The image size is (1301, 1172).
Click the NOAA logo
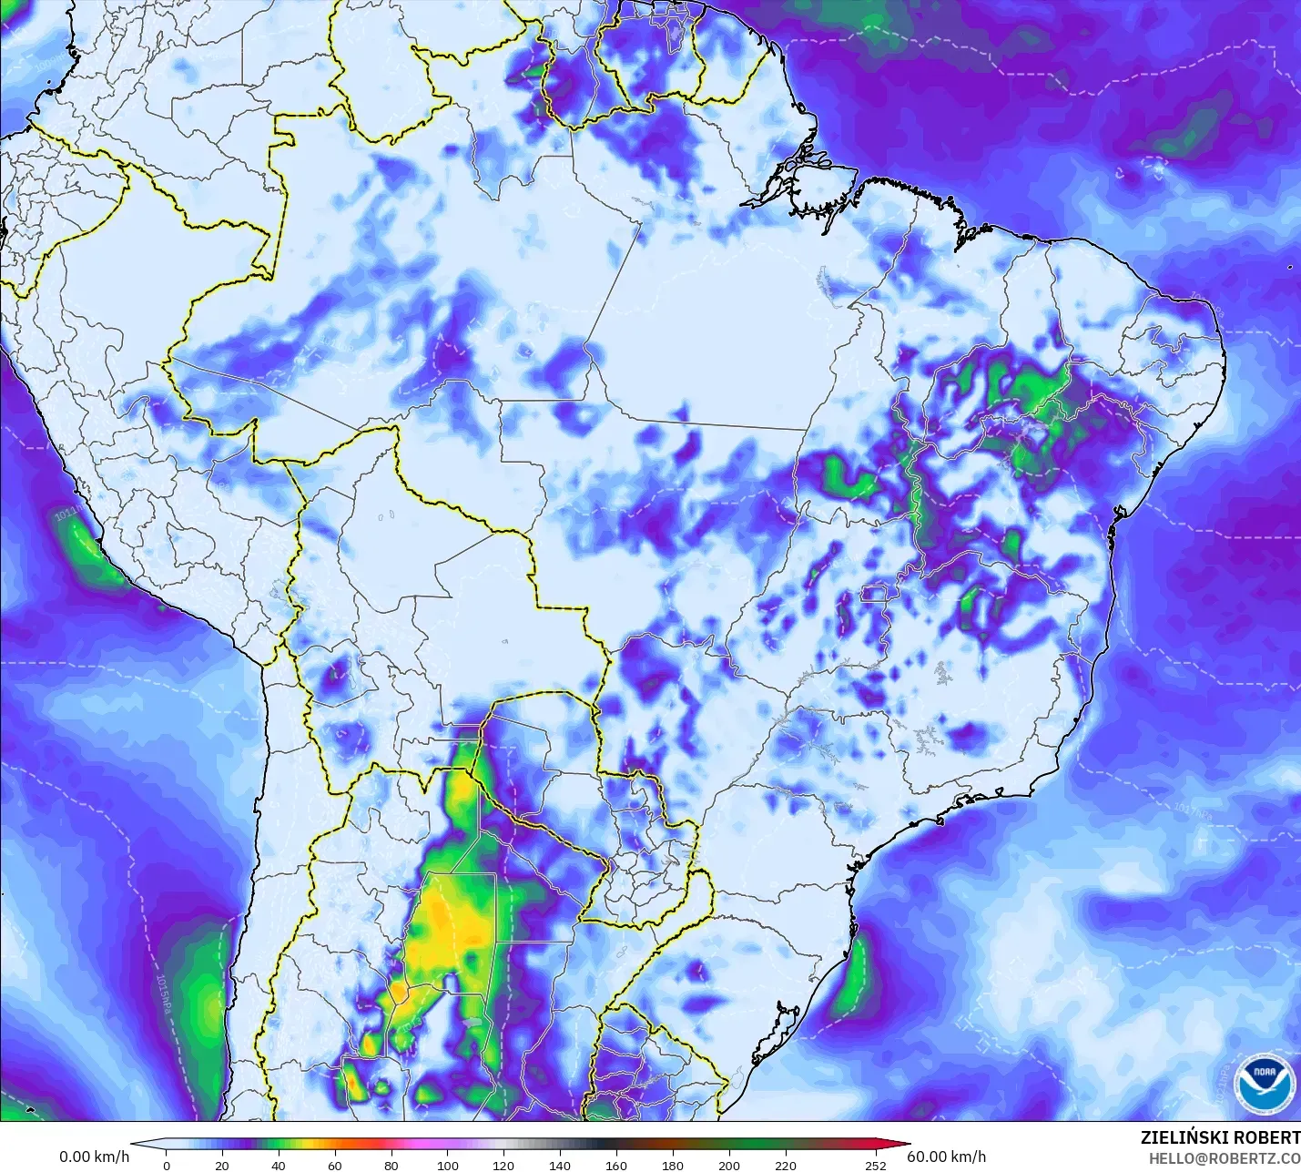click(x=1270, y=1081)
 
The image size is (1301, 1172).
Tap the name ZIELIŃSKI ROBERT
click(x=1220, y=1137)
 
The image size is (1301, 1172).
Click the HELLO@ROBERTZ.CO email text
click(x=1224, y=1158)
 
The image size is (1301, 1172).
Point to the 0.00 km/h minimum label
click(x=95, y=1157)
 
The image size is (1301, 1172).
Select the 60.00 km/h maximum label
click(x=947, y=1157)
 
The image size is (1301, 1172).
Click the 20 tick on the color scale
click(x=222, y=1165)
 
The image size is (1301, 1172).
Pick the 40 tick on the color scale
click(x=279, y=1165)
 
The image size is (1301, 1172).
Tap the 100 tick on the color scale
click(x=448, y=1165)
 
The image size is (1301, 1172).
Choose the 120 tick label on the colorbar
click(x=504, y=1165)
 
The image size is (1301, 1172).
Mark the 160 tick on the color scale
click(x=616, y=1165)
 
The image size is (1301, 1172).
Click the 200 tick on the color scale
click(x=729, y=1165)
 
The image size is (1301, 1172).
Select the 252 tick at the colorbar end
click(x=876, y=1165)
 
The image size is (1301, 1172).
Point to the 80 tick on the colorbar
click(x=391, y=1165)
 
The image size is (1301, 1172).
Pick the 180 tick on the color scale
click(x=673, y=1165)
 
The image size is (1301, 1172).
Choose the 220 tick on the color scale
click(x=786, y=1165)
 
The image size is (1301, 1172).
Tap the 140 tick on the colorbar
click(x=560, y=1165)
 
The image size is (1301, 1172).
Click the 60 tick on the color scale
click(x=335, y=1165)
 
